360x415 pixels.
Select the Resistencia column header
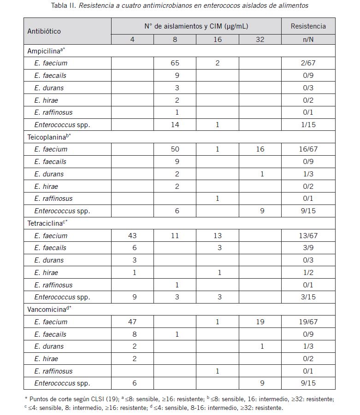[x=308, y=26]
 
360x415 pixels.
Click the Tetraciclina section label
[x=47, y=223]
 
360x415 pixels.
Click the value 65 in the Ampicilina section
[x=175, y=63]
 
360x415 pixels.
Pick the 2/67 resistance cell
[x=308, y=63]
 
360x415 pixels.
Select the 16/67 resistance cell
[x=308, y=149]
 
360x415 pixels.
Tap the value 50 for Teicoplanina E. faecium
[x=175, y=149]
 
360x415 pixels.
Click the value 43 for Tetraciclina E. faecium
[x=132, y=236]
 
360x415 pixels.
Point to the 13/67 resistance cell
[x=308, y=236]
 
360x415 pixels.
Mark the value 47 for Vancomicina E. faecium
[x=132, y=322]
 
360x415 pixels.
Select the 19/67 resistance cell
[x=308, y=322]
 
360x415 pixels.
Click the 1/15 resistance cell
[x=308, y=125]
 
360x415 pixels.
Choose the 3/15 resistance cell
[x=308, y=297]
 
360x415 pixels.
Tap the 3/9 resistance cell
[x=308, y=248]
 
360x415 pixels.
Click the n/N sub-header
[x=308, y=40]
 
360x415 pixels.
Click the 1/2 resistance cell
[x=308, y=273]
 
